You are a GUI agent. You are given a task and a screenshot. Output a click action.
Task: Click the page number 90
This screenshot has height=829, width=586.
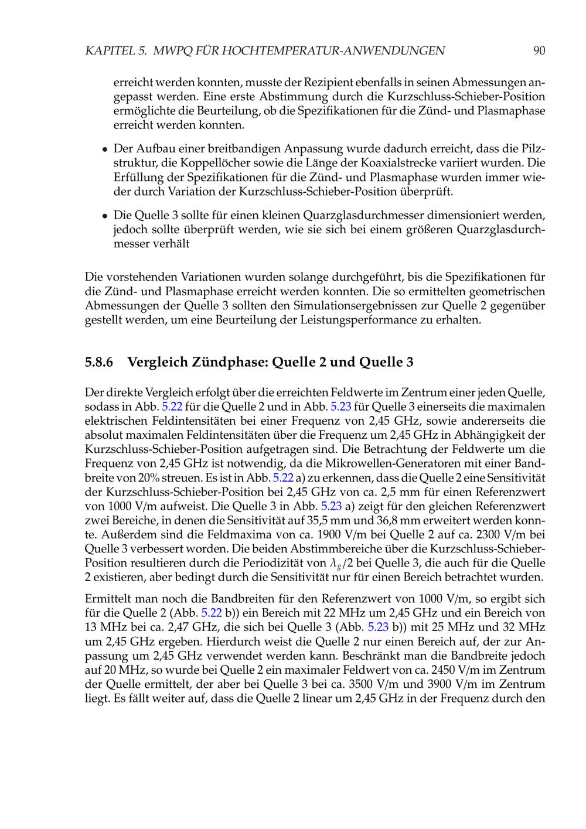pos(539,51)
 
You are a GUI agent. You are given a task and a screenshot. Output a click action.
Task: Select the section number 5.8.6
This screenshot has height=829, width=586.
pos(98,362)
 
